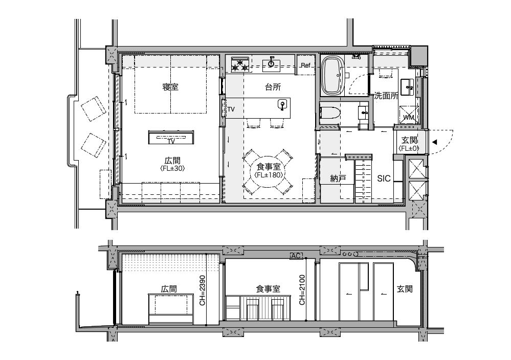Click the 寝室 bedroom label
pyautogui.click(x=170, y=87)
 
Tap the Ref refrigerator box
pyautogui.click(x=305, y=65)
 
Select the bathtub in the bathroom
pyautogui.click(x=332, y=76)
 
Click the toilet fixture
pyautogui.click(x=330, y=113)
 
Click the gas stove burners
pyautogui.click(x=240, y=64)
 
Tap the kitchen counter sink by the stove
pyautogui.click(x=271, y=64)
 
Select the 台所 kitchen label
pyautogui.click(x=273, y=87)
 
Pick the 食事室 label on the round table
pyautogui.click(x=269, y=167)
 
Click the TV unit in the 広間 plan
pyautogui.click(x=171, y=138)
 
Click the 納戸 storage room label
pyautogui.click(x=338, y=178)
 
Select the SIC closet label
pyautogui.click(x=384, y=178)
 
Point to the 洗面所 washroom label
pyautogui.click(x=386, y=96)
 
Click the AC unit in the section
pyautogui.click(x=296, y=256)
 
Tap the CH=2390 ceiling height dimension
pyautogui.click(x=203, y=290)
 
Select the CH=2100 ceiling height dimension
pyautogui.click(x=302, y=290)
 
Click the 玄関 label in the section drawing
pyautogui.click(x=405, y=288)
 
